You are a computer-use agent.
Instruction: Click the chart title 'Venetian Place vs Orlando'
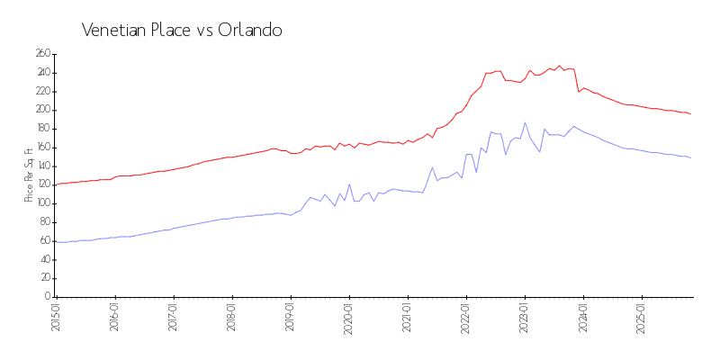pyautogui.click(x=182, y=30)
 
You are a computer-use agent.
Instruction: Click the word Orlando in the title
pyautogui.click(x=250, y=30)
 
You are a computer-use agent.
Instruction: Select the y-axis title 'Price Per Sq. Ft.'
pyautogui.click(x=29, y=175)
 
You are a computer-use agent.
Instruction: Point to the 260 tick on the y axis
pyautogui.click(x=42, y=54)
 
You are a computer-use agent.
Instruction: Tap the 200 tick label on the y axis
pyautogui.click(x=42, y=110)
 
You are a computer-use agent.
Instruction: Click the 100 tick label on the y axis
pyautogui.click(x=42, y=203)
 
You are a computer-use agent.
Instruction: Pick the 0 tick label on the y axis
pyautogui.click(x=48, y=297)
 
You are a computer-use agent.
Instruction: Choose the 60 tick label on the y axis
pyautogui.click(x=44, y=241)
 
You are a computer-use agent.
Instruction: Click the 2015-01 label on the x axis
pyautogui.click(x=56, y=317)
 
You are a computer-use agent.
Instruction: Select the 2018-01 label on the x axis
pyautogui.click(x=231, y=317)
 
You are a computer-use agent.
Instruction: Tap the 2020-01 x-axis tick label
pyautogui.click(x=348, y=317)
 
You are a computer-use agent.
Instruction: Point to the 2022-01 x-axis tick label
pyautogui.click(x=466, y=317)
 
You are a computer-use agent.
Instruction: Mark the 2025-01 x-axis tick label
pyautogui.click(x=642, y=317)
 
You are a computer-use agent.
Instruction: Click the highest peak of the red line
pyautogui.click(x=559, y=65)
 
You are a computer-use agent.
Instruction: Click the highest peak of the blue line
pyautogui.click(x=525, y=122)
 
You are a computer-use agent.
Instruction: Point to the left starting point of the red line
pyautogui.click(x=56, y=184)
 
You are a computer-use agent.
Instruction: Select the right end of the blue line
pyautogui.click(x=690, y=158)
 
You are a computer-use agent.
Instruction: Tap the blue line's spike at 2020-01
pyautogui.click(x=349, y=184)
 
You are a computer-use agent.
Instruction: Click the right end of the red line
pyautogui.click(x=690, y=114)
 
